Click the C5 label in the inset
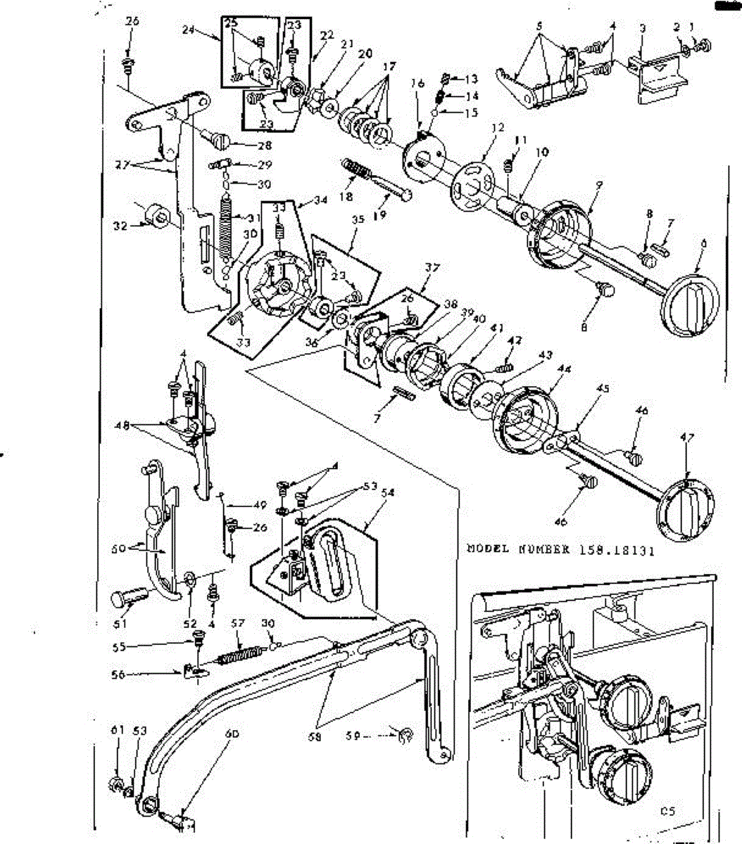(x=667, y=811)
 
